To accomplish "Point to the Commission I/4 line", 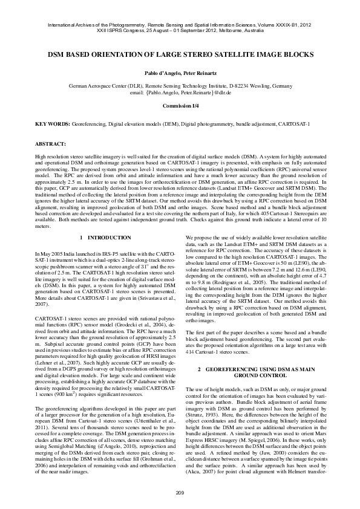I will click(180, 105).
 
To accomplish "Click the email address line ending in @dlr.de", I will click(180, 94).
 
